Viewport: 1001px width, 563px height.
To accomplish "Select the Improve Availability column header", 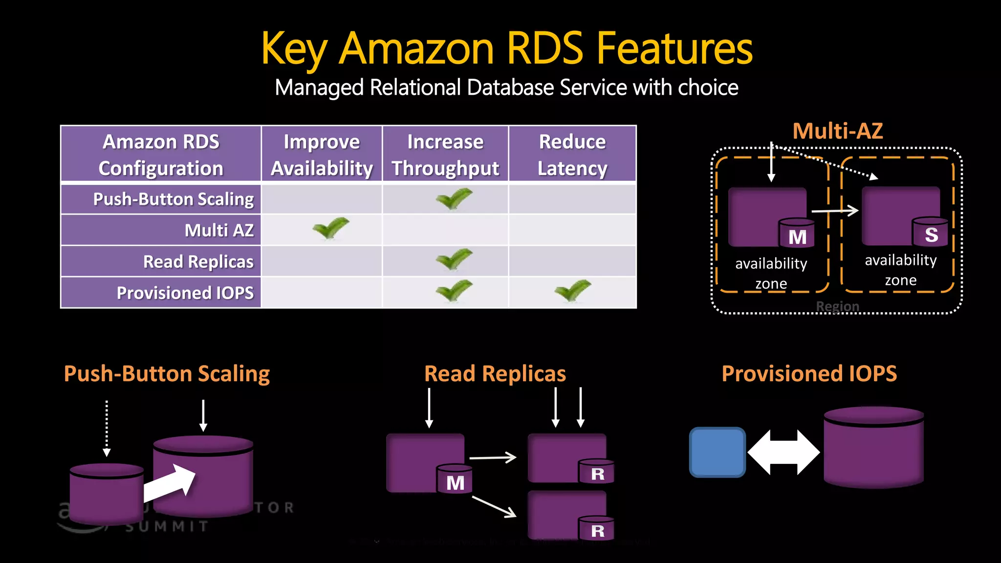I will [322, 154].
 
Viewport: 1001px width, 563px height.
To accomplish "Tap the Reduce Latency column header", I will [572, 154].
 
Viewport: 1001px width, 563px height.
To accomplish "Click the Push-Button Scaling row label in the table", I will [173, 199].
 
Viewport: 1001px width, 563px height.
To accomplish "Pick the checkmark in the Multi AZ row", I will [331, 228].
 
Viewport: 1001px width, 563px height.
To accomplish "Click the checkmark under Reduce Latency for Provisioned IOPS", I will [572, 290].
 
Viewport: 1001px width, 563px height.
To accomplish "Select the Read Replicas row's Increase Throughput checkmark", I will [454, 259].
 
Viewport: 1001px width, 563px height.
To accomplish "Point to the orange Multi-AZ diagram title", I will [837, 131].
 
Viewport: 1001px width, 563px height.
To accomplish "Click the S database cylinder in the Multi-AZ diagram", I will [930, 232].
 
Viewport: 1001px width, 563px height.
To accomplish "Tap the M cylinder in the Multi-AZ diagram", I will [797, 234].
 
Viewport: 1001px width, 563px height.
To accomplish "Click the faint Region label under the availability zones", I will [837, 306].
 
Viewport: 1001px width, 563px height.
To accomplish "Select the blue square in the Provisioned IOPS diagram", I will [717, 452].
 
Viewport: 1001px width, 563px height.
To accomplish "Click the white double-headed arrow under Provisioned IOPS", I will [783, 452].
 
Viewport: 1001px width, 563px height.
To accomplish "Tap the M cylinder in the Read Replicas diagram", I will [455, 479].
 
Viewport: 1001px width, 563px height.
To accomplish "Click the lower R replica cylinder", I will [596, 528].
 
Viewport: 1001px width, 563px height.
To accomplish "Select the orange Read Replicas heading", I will [495, 374].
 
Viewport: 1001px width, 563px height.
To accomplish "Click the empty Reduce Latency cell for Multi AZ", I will [572, 230].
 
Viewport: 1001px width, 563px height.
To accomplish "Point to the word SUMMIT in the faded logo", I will [167, 527].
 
